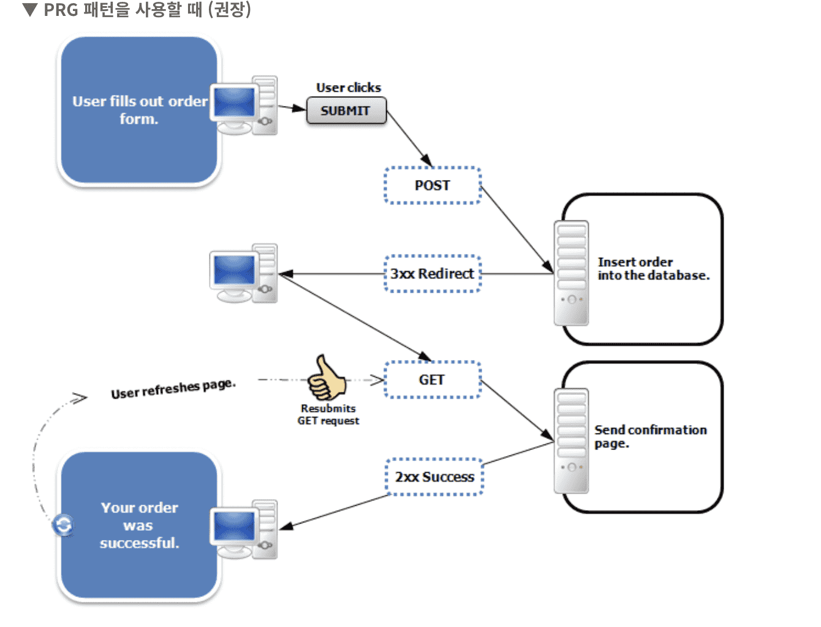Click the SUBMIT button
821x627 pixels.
tap(346, 111)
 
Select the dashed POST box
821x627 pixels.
tap(433, 186)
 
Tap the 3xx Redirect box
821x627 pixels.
tap(433, 274)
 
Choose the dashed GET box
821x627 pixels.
tap(433, 380)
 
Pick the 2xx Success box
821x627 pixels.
tap(434, 477)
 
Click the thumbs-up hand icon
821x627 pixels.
tap(326, 377)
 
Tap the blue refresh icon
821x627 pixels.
tap(63, 525)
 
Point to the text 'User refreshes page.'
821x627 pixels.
tap(173, 389)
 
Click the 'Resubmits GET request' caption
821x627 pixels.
tap(328, 415)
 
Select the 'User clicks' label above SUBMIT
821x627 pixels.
tap(348, 88)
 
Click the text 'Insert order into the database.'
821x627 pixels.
tap(653, 269)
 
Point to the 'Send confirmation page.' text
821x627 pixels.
tap(650, 436)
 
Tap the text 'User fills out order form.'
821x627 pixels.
tap(140, 110)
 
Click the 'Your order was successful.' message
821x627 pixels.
tap(140, 525)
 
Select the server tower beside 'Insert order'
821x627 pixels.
tap(571, 273)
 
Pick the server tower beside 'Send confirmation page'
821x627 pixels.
tap(571, 441)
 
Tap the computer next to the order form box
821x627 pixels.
tap(243, 105)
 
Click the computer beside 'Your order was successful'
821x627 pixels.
tap(243, 529)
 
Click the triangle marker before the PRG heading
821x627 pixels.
tap(29, 10)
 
